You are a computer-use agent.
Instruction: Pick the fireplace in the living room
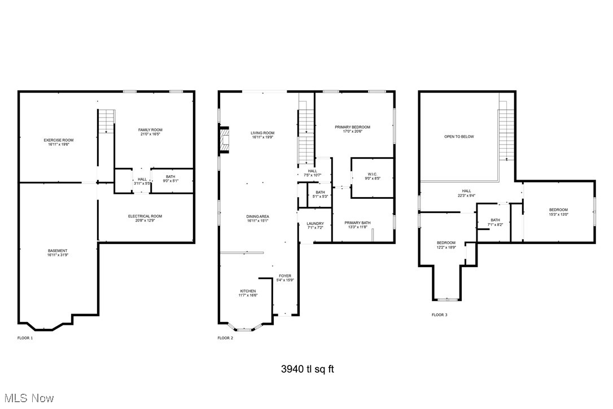[225, 140]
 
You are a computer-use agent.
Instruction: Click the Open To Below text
[459, 137]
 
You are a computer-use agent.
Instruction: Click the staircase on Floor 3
[506, 134]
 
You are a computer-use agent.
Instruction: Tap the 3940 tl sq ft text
[307, 369]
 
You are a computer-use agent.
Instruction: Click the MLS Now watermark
[27, 398]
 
